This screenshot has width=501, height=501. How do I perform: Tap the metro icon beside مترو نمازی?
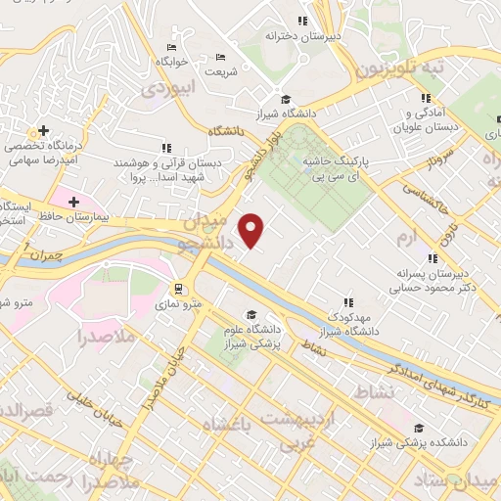[179, 289]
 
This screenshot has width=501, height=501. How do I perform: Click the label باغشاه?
[226, 424]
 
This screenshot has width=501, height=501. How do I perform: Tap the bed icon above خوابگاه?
[172, 47]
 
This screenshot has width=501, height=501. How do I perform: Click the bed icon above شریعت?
[219, 56]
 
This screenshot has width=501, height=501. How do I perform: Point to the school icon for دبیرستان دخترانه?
[303, 21]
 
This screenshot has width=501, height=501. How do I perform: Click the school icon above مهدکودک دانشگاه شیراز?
[347, 302]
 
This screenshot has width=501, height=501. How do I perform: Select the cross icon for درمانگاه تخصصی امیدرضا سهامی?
[41, 130]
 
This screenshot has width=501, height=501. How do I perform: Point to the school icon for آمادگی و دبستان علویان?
[426, 98]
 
